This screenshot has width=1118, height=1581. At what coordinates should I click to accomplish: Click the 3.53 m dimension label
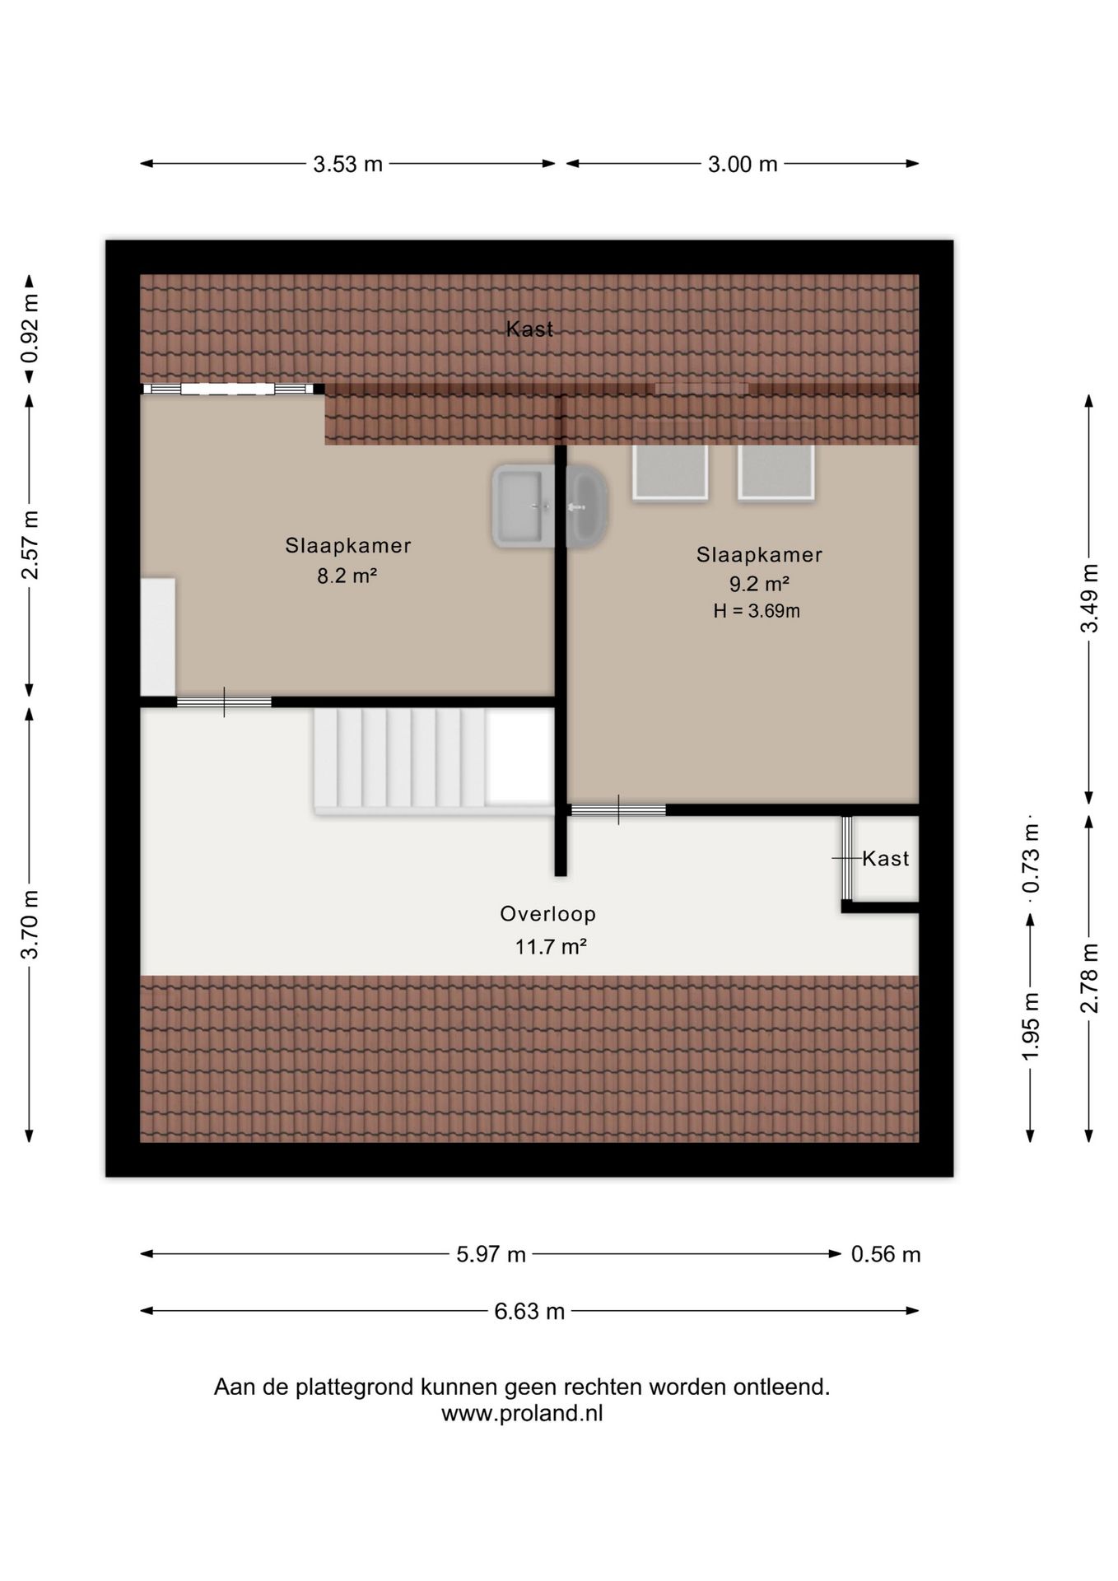click(347, 165)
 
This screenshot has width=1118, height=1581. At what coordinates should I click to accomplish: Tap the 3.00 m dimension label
click(743, 165)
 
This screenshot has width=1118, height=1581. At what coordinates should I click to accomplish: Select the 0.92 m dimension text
click(30, 329)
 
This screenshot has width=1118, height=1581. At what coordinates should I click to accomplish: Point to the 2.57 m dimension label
click(30, 545)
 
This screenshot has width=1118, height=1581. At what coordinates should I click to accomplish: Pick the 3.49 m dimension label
click(1089, 599)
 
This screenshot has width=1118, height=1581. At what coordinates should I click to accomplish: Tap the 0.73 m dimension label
click(1031, 859)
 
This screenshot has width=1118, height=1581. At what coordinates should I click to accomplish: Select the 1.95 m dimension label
click(1031, 1026)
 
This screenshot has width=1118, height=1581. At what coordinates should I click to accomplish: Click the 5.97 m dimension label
click(491, 1255)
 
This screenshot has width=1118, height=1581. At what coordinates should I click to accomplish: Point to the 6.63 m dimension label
click(529, 1312)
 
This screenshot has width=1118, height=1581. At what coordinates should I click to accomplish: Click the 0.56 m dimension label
click(886, 1255)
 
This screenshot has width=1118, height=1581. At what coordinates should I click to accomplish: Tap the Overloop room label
click(548, 914)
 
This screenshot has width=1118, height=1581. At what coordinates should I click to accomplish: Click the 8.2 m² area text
click(347, 576)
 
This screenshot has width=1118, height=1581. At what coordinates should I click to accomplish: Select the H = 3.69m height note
click(757, 611)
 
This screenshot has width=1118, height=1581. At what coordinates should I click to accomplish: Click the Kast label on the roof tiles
click(529, 329)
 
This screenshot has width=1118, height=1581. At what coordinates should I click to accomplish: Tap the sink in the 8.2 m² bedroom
click(524, 506)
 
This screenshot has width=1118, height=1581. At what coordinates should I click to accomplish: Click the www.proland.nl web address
click(522, 1414)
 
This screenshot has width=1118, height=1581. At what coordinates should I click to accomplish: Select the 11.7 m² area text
click(551, 947)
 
